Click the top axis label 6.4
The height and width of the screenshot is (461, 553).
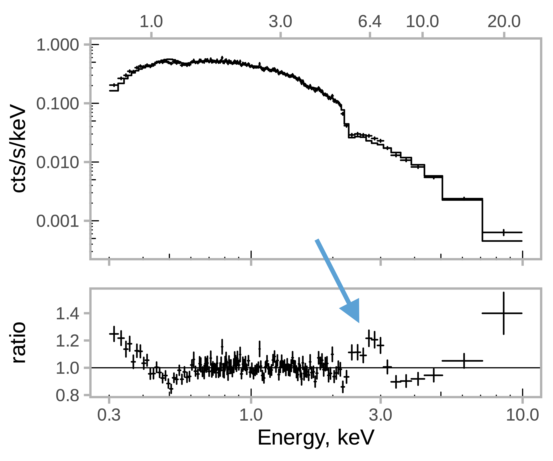tap(370, 22)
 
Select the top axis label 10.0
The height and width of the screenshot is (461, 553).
tap(422, 22)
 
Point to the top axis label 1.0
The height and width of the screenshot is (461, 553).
tap(151, 22)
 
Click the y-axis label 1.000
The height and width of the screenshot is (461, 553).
tap(57, 45)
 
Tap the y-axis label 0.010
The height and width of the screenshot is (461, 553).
tap(57, 163)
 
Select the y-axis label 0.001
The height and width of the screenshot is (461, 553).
tap(57, 221)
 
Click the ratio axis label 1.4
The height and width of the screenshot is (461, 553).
tap(67, 314)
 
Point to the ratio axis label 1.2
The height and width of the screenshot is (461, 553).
tap(67, 341)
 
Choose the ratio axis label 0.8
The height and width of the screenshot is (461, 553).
tap(67, 396)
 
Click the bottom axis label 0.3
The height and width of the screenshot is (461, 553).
tap(109, 415)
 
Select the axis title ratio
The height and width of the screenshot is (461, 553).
tap(18, 342)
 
